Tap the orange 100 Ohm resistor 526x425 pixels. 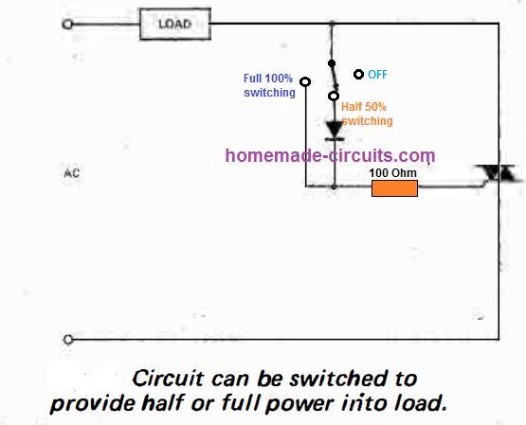(394, 188)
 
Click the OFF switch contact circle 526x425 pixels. (358, 74)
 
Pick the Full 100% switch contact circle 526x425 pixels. (302, 80)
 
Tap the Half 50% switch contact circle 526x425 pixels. (333, 95)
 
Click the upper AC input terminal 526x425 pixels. (66, 26)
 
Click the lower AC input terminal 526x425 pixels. (66, 338)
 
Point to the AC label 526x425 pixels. (70, 174)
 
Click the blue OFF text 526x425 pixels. (377, 75)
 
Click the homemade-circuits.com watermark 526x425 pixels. (330, 155)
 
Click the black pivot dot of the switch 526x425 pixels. (333, 64)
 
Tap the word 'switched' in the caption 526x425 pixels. (335, 379)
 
